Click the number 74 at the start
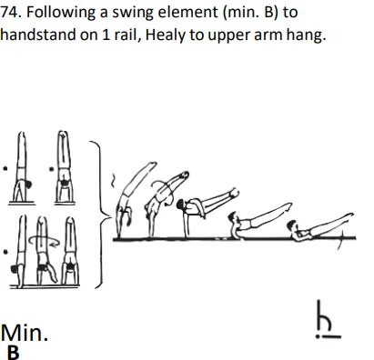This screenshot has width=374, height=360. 13,14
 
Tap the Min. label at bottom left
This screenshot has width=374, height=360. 25,333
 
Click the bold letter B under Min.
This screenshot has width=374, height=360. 13,351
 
